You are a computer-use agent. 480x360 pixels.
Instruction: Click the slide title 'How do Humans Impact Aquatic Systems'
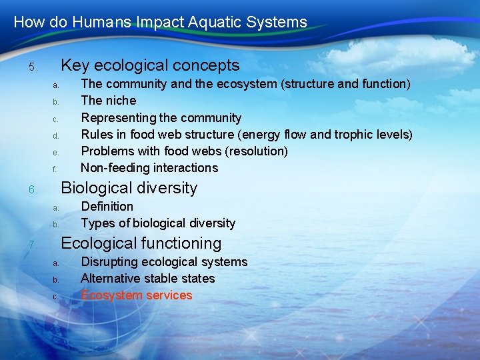click(160, 22)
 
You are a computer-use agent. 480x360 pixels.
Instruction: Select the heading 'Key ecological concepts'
click(150, 65)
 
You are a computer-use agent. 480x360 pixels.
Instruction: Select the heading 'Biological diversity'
click(129, 188)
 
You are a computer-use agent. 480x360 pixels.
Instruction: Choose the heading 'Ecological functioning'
click(141, 243)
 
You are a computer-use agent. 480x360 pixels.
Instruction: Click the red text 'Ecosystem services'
click(136, 295)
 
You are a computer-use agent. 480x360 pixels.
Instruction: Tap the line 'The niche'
click(108, 101)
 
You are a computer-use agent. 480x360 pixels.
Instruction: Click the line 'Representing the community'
click(161, 118)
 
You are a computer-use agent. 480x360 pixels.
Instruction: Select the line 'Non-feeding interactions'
click(149, 168)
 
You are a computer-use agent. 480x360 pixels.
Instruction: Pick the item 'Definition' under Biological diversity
click(107, 207)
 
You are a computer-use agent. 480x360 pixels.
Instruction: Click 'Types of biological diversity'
click(158, 223)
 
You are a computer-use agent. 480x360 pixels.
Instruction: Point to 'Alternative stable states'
click(147, 279)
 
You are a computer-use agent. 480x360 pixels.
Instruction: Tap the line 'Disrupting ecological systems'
click(163, 262)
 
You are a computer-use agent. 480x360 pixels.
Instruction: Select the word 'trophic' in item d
click(351, 135)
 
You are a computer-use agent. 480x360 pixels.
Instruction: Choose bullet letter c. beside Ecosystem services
click(56, 297)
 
